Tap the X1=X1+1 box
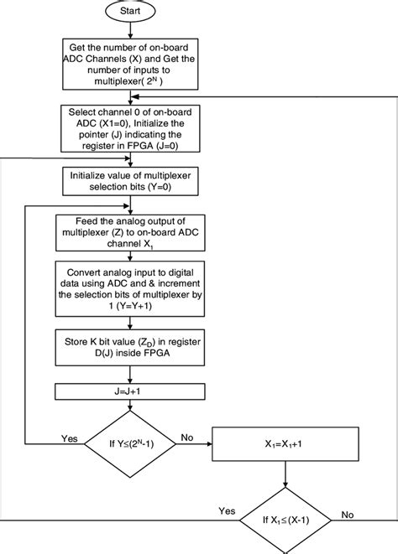pos(287,441)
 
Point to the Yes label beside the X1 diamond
pos(228,510)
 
